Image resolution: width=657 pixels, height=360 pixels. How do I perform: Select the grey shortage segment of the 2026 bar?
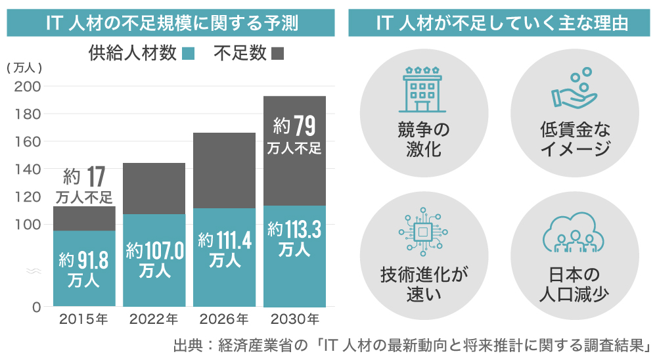click(x=224, y=171)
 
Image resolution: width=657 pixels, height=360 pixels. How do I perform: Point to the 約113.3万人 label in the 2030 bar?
click(x=294, y=239)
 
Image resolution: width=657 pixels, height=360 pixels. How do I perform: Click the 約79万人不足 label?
click(x=294, y=135)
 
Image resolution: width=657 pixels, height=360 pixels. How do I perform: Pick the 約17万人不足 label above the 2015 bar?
click(x=84, y=185)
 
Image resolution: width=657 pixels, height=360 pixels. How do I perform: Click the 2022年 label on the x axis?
click(x=154, y=321)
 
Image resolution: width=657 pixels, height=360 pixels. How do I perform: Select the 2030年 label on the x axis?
click(x=294, y=321)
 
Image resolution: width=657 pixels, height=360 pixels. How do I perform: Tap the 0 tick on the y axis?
click(x=37, y=307)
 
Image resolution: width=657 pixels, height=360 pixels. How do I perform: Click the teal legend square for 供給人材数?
click(x=189, y=54)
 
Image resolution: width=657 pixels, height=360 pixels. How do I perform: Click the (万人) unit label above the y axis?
click(x=24, y=68)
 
